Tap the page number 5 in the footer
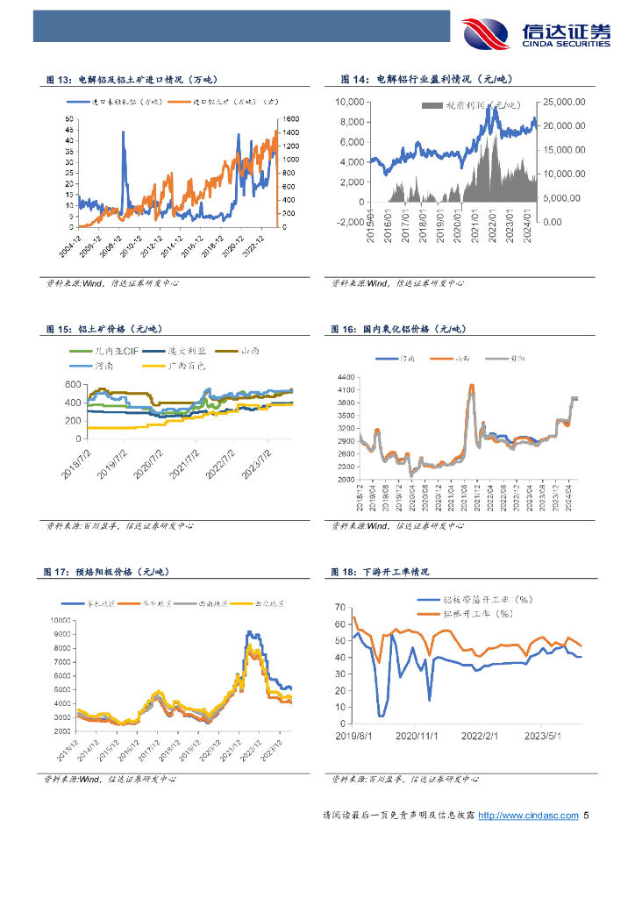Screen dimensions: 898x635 pyautogui.click(x=587, y=816)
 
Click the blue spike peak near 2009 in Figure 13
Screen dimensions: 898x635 pyautogui.click(x=123, y=132)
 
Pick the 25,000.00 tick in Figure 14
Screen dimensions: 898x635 pyautogui.click(x=562, y=102)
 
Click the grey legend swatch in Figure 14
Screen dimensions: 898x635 pyautogui.click(x=432, y=105)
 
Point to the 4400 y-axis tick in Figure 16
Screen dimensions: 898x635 pyautogui.click(x=345, y=376)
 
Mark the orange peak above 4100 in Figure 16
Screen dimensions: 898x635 pyautogui.click(x=472, y=385)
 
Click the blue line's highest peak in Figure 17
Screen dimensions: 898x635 pyautogui.click(x=248, y=631)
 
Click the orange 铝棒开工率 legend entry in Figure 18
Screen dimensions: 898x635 pyautogui.click(x=482, y=614)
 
